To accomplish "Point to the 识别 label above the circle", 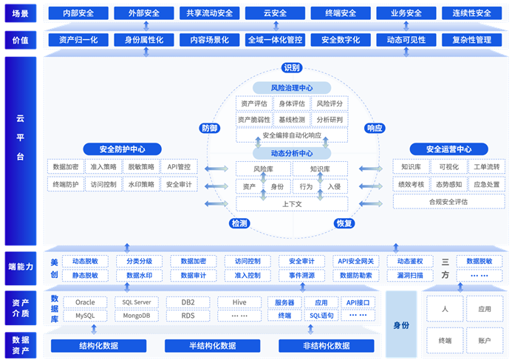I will click(x=293, y=68).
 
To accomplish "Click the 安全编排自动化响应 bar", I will click(x=292, y=135).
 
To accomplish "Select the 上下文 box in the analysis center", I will click(x=292, y=203).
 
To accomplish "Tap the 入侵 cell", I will click(x=334, y=187).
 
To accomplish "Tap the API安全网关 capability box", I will click(x=356, y=261).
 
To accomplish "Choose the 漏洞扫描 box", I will click(x=410, y=275).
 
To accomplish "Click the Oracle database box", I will click(x=85, y=302).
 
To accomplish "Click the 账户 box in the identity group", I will click(x=485, y=341).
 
